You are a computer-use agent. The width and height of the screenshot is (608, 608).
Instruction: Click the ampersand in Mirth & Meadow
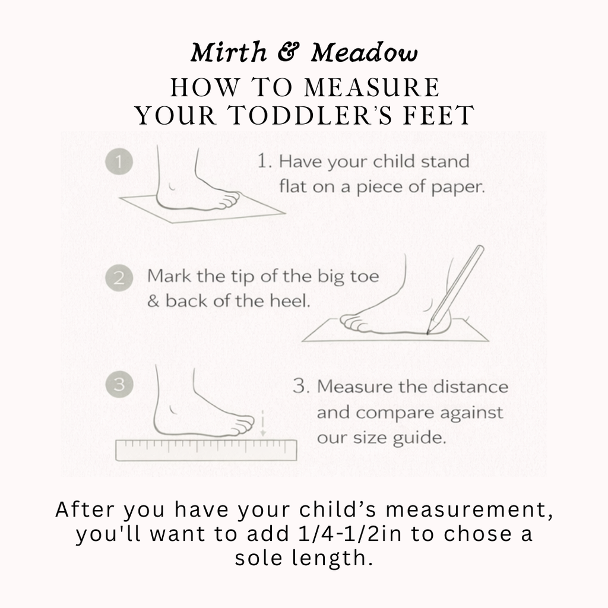click(x=289, y=52)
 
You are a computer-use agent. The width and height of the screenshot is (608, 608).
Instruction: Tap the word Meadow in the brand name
click(x=365, y=52)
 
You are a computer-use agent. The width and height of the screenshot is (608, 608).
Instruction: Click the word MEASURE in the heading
click(x=372, y=87)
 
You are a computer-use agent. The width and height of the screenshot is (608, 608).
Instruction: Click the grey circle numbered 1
click(x=119, y=161)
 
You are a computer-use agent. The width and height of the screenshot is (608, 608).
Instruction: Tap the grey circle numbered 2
click(x=119, y=278)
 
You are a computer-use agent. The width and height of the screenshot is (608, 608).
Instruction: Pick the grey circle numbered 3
click(x=119, y=384)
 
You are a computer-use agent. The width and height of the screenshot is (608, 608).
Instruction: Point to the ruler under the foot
click(x=206, y=450)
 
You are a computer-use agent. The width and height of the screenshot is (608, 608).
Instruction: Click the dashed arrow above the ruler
click(x=263, y=423)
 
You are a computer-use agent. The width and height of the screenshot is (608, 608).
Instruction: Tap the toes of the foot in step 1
click(x=229, y=201)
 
